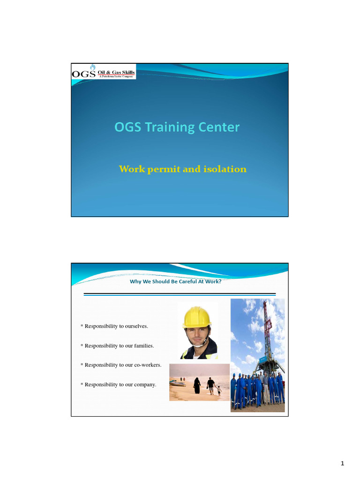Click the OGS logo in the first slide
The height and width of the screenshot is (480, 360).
(83, 74)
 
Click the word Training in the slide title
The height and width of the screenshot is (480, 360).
(170, 127)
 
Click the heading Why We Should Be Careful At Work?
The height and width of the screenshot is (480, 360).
(175, 282)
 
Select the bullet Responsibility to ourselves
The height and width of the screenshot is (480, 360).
(119, 326)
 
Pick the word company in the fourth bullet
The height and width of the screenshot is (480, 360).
(145, 384)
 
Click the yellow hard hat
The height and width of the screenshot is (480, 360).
(197, 318)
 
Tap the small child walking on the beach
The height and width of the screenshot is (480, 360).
(219, 390)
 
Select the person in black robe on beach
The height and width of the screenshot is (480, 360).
(197, 385)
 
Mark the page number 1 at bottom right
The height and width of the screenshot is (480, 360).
(343, 464)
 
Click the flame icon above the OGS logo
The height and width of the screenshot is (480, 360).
(92, 67)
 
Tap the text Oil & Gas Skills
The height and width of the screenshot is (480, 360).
(116, 72)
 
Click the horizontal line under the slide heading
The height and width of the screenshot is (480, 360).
(180, 294)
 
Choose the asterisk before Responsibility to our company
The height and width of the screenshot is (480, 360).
(82, 385)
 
